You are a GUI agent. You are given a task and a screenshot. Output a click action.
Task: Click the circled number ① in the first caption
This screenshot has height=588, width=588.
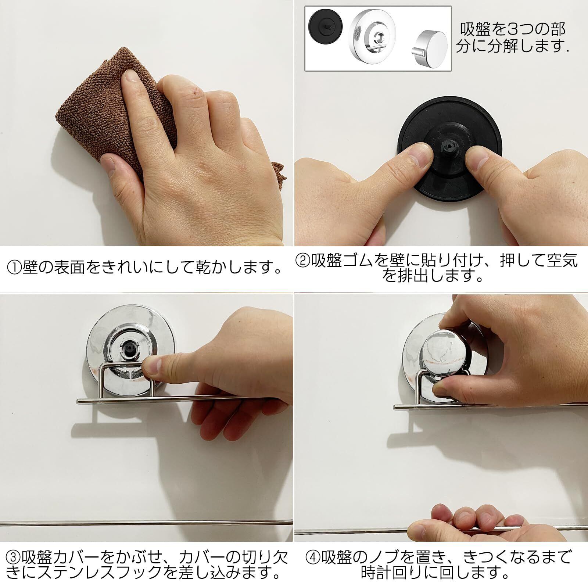coord(15,267)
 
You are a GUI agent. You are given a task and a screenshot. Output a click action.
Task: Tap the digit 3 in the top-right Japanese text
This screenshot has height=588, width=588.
coord(522,29)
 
